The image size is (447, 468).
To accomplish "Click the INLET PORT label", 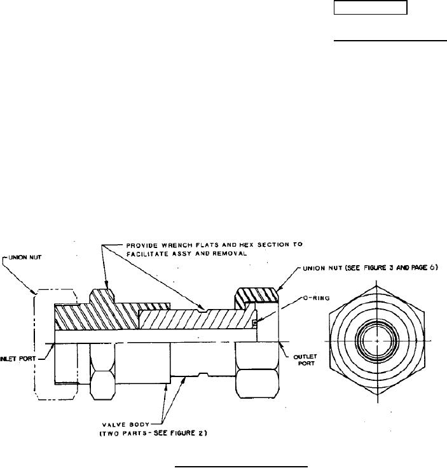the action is (x=18, y=359).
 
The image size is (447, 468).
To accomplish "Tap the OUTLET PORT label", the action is (x=305, y=360).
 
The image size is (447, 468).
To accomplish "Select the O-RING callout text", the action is (x=316, y=298).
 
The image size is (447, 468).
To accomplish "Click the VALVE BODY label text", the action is (x=126, y=424).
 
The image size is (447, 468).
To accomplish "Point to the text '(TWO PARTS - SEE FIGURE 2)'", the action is (x=153, y=433).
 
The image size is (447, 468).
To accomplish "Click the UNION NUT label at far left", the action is (x=25, y=258).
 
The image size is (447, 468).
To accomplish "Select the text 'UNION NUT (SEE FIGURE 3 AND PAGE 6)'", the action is (x=370, y=268).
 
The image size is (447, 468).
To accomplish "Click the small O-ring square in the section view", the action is (x=254, y=322).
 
